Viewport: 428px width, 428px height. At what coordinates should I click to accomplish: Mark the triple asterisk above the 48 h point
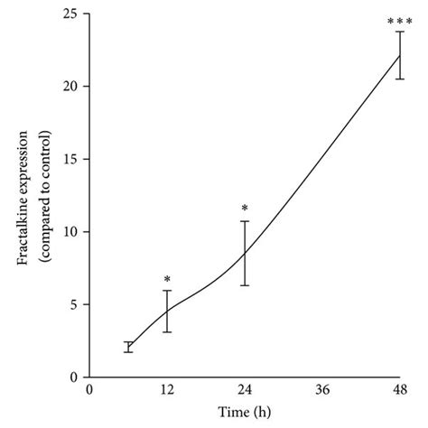pos(400,20)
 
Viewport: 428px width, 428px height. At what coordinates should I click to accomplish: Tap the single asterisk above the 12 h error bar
pos(167,280)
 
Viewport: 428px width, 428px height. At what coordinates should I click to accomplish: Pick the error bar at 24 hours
pos(245,253)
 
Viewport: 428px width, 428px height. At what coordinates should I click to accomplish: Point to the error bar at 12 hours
pos(167,311)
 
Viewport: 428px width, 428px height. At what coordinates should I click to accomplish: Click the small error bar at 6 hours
pos(128,347)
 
